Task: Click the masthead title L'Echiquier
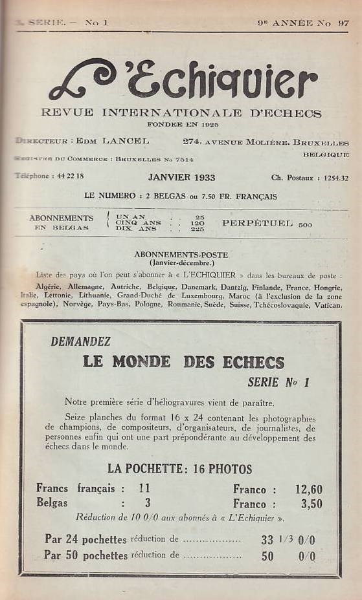183,80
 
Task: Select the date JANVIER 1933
181,177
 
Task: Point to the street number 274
192,142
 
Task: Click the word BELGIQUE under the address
326,155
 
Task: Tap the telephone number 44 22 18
70,176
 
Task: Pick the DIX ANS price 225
198,228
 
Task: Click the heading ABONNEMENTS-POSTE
181,254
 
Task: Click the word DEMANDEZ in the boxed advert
80,341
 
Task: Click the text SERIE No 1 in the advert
278,382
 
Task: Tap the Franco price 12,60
308,489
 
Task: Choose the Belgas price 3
147,503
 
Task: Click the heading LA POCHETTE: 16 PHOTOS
179,469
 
